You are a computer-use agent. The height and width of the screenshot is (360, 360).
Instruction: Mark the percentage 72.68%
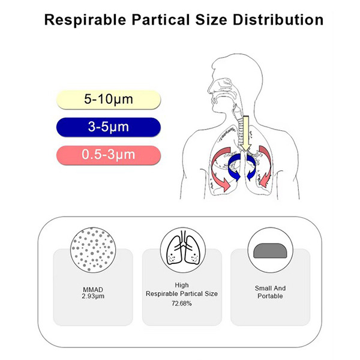coord(182,304)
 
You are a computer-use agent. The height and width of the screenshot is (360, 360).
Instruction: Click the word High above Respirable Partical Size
coord(182,286)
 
